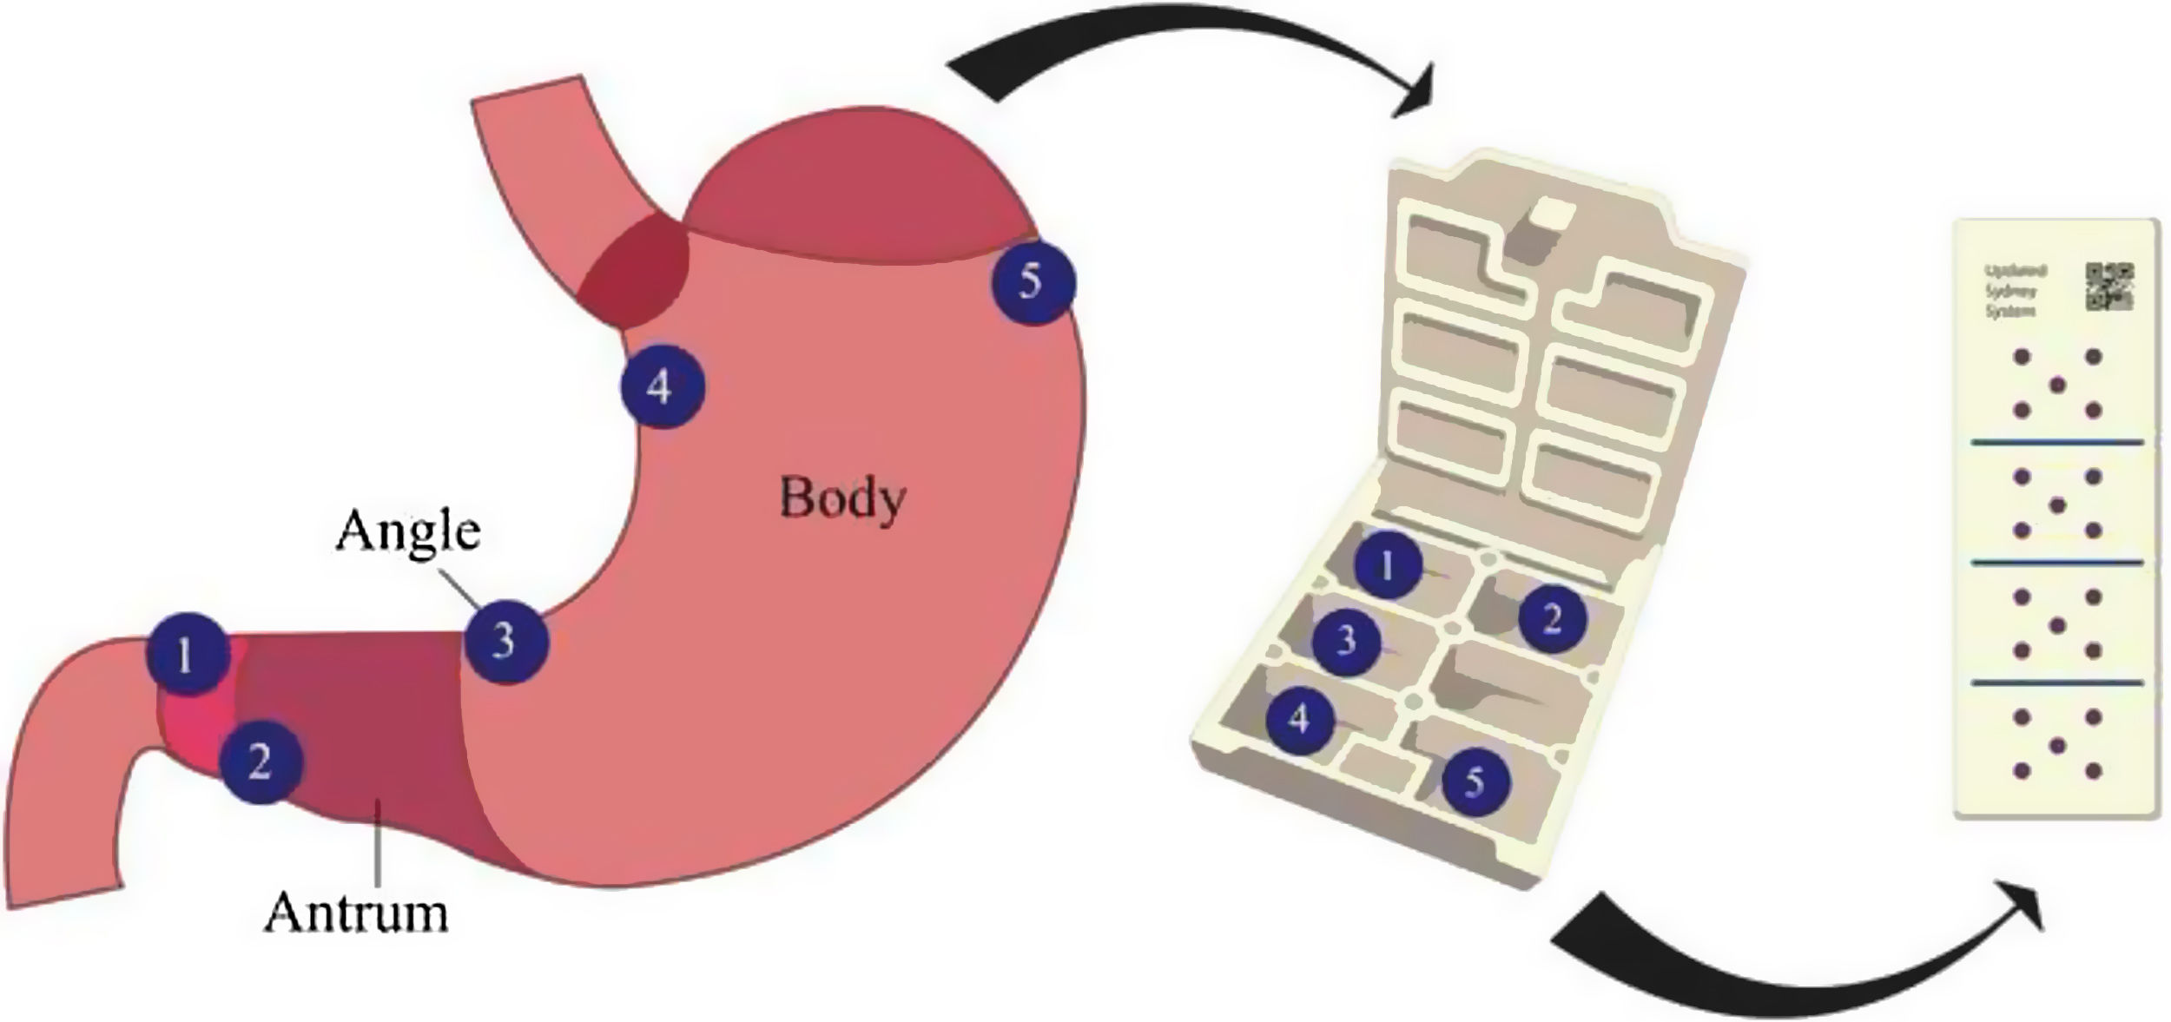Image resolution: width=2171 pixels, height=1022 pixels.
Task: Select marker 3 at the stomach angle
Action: tap(505, 641)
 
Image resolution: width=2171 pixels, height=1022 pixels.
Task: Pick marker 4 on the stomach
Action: tap(662, 386)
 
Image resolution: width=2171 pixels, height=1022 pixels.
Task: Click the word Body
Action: tap(841, 498)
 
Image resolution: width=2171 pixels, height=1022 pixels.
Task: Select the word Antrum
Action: tap(356, 912)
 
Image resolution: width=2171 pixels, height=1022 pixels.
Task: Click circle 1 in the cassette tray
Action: tap(1387, 565)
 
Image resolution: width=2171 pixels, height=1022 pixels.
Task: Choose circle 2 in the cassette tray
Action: tap(1551, 619)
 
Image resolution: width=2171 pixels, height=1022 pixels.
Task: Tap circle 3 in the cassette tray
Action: tap(1345, 642)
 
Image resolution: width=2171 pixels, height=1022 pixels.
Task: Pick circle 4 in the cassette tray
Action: tap(1299, 718)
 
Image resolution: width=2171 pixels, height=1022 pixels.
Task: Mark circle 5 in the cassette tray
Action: tap(1475, 782)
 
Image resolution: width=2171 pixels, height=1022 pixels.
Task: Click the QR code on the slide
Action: tap(2108, 287)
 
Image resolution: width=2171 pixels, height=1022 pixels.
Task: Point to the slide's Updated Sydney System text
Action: tap(2016, 291)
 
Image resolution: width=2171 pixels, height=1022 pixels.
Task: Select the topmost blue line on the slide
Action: tap(2056, 444)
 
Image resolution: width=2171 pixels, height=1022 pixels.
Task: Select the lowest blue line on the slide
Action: tap(2056, 683)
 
